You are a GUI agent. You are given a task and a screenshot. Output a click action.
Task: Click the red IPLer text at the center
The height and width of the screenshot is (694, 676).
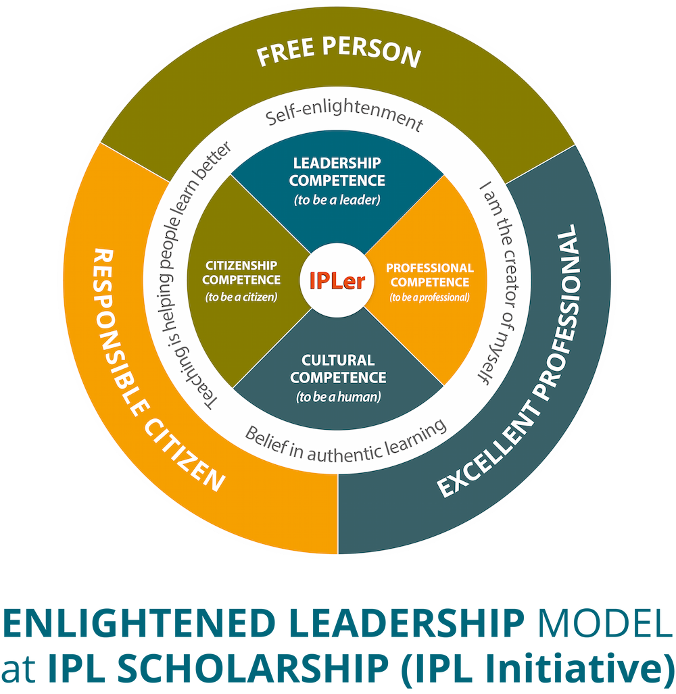(337, 280)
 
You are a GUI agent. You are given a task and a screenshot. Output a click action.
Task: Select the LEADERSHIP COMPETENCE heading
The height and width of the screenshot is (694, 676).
(337, 172)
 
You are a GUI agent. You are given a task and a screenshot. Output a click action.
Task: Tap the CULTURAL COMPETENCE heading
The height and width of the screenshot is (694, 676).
(337, 368)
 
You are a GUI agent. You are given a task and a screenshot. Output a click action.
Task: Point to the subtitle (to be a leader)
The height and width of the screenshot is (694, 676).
(337, 200)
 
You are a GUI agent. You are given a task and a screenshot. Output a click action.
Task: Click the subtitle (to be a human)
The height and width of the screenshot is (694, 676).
(337, 397)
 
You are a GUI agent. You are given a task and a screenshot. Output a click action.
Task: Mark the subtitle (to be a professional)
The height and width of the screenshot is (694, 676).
(429, 297)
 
